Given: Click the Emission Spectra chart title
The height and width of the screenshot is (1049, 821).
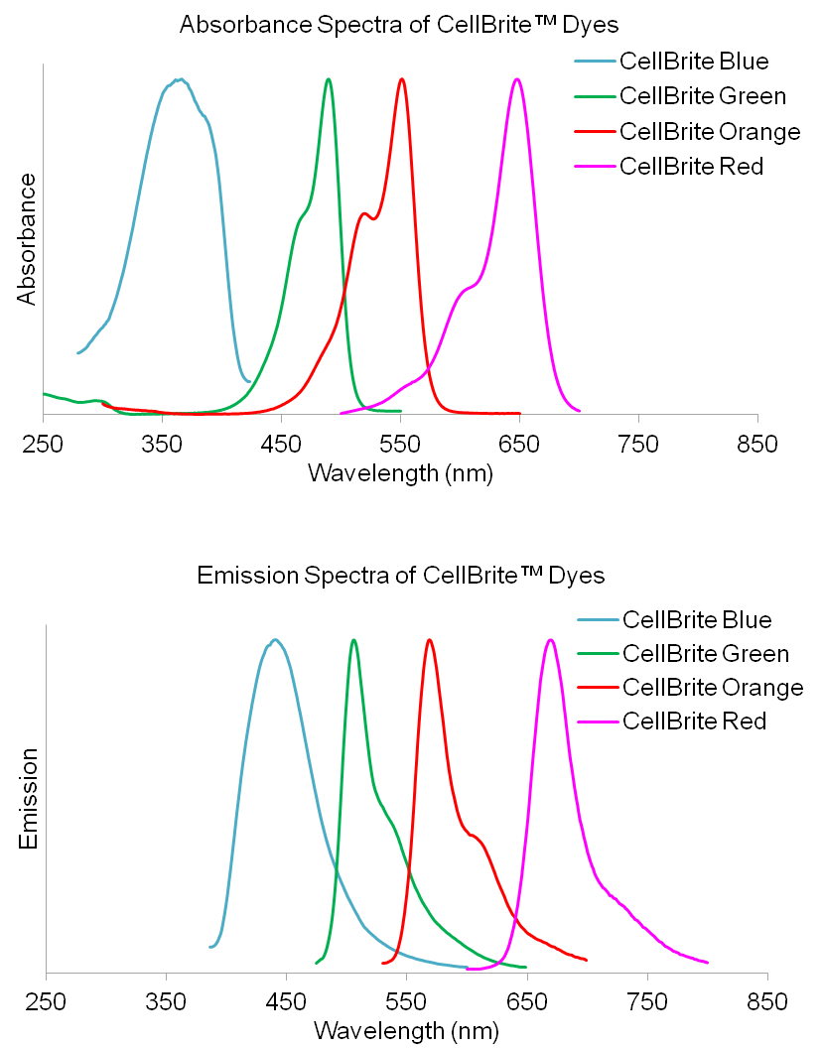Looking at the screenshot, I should pos(401,576).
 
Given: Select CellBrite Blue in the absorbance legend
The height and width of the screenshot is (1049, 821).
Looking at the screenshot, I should pos(693,62).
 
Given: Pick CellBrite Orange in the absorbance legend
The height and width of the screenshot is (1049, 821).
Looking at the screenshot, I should pos(709,131).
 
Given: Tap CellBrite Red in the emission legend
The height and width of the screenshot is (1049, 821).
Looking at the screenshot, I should pos(694,721).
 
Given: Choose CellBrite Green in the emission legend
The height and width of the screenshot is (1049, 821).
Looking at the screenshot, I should pos(705,653).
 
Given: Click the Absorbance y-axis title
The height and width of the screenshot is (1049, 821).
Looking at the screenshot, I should pos(27,239).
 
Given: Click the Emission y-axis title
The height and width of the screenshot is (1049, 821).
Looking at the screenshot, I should pos(29,800).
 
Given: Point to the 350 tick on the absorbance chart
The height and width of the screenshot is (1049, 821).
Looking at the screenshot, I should pos(162,442).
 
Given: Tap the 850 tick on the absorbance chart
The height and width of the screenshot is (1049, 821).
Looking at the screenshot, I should pos(757,442).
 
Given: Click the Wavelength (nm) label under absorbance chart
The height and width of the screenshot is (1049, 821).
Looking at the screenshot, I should pos(400,472).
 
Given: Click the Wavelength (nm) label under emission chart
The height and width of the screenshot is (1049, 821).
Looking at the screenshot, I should pos(405,1031).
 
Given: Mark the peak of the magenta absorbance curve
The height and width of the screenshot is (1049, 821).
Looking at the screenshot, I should pos(516,79).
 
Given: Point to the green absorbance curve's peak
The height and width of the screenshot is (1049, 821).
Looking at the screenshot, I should pos(329,79).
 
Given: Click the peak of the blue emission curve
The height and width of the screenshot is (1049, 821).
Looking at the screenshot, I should pos(275,639).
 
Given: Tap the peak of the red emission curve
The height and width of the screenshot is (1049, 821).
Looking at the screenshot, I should pos(429,639).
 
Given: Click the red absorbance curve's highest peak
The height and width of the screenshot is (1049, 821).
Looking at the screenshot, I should pos(401,79).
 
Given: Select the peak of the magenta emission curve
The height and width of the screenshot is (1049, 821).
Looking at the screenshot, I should pos(550,639).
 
